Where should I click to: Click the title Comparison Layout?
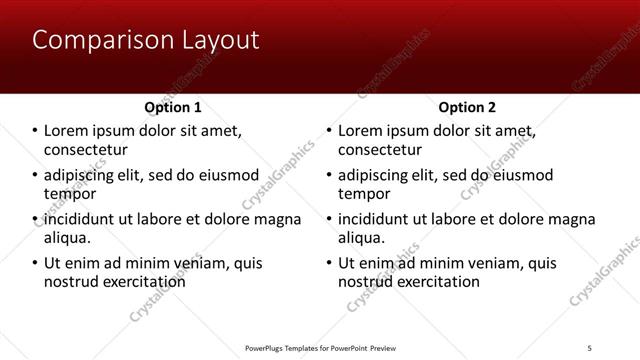point(145,40)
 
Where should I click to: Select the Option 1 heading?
point(173,107)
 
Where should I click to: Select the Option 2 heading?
point(467,107)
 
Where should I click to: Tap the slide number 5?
point(590,347)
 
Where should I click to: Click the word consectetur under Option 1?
point(85,150)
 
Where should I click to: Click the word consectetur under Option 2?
point(379,150)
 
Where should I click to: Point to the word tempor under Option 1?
point(69,194)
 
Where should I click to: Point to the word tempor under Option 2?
point(363,194)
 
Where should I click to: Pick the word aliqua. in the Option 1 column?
point(67,238)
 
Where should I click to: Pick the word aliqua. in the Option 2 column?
point(361,238)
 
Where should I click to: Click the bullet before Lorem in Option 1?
point(34,131)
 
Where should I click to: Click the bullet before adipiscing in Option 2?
point(328,175)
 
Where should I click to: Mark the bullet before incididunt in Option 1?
point(34,219)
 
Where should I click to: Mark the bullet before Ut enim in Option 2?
point(328,263)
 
